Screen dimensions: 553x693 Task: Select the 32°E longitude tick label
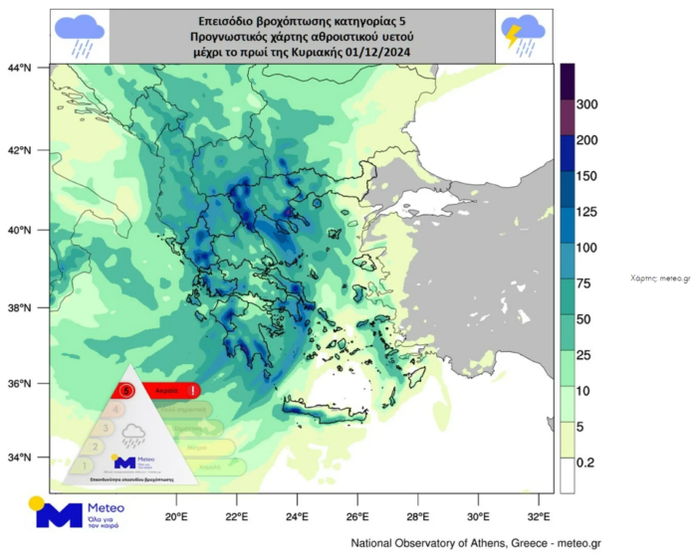click(539, 517)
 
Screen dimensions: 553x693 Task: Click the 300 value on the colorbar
click(587, 104)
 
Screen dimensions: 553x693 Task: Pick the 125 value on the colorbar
click(587, 212)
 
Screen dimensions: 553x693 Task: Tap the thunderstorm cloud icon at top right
click(522, 35)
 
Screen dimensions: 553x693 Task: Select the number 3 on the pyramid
click(106, 428)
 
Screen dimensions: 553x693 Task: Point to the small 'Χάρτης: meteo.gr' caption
click(660, 279)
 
